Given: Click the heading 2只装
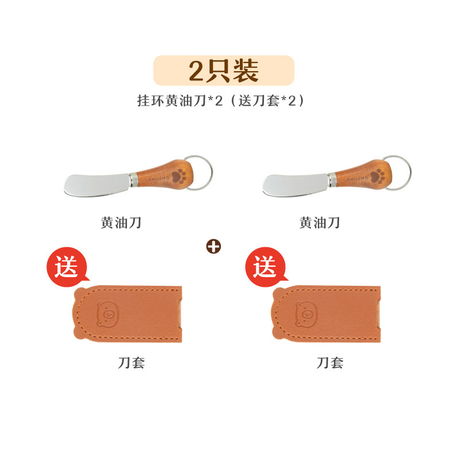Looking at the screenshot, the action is coord(224,71).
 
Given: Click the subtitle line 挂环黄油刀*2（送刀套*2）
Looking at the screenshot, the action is coord(221,101).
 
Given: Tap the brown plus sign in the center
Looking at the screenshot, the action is coord(213,247).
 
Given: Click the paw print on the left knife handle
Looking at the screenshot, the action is coord(178,176).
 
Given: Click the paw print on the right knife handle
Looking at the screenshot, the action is coord(377,176).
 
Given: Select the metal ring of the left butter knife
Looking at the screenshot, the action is coord(211,173).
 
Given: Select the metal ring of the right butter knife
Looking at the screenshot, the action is coord(410,173).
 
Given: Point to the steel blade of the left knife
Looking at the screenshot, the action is coord(96,185).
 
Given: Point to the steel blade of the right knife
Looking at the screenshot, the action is coord(295,185).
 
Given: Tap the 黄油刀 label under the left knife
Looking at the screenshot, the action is coord(121,223).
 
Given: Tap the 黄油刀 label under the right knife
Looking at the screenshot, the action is coord(320,223).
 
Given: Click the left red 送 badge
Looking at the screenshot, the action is coord(67,267).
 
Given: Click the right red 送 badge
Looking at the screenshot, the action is coord(266,267).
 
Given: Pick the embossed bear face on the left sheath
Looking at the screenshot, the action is coord(108,314).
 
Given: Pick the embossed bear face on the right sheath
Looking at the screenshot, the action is coord(306,314).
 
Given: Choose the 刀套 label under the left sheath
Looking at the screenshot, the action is coord(131,363).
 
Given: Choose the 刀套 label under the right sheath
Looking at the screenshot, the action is coord(330,363).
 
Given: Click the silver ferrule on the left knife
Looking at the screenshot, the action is coord(133,180).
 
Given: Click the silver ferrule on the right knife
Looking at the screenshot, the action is coord(332,180).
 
